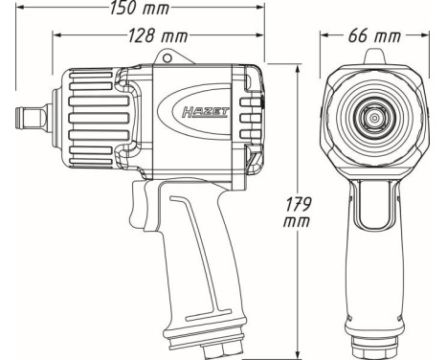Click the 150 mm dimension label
140,8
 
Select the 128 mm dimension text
158,35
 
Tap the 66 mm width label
374,35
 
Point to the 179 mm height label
297,213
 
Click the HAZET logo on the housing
206,112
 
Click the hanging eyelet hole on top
185,57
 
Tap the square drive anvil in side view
32,118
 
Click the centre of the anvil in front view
374,118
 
